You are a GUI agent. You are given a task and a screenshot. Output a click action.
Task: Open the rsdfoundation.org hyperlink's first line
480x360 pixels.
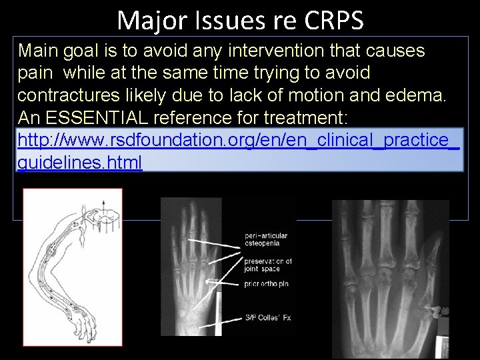[x=238, y=141]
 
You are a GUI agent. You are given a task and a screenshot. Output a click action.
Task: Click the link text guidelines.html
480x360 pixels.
[x=80, y=163]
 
